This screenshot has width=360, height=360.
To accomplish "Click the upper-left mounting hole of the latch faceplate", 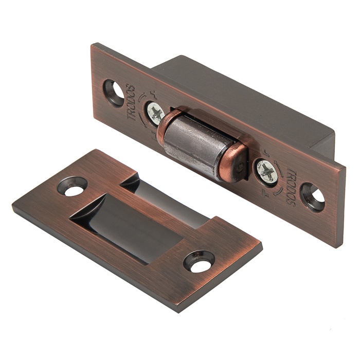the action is pyautogui.click(x=114, y=93).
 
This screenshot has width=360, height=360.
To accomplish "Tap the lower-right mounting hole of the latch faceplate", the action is pyautogui.click(x=313, y=197).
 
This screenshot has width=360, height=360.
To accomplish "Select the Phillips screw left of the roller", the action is pyautogui.click(x=156, y=114).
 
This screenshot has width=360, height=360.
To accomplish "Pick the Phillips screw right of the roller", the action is pyautogui.click(x=267, y=171).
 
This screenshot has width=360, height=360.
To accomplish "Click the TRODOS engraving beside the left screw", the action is pyautogui.click(x=132, y=102).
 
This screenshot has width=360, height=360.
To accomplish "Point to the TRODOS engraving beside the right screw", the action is pyautogui.click(x=291, y=188).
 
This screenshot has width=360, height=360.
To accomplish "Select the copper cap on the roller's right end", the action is pyautogui.click(x=232, y=162).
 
